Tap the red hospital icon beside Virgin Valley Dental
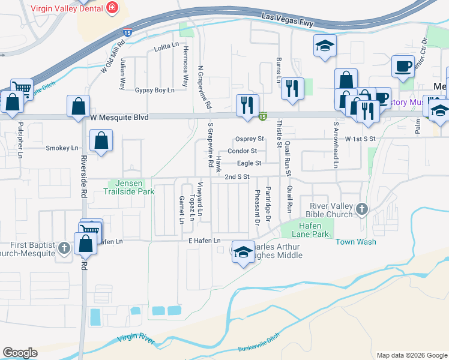(111, 8)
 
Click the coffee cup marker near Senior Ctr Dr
(403, 65)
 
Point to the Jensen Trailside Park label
(130, 187)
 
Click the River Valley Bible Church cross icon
(361, 209)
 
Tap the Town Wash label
(355, 242)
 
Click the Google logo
(20, 353)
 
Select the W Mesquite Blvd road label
(119, 118)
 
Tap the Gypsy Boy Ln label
(154, 90)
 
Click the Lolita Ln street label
(166, 46)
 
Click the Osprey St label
(250, 139)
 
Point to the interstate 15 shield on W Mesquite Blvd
(262, 115)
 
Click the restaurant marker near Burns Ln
(292, 88)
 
